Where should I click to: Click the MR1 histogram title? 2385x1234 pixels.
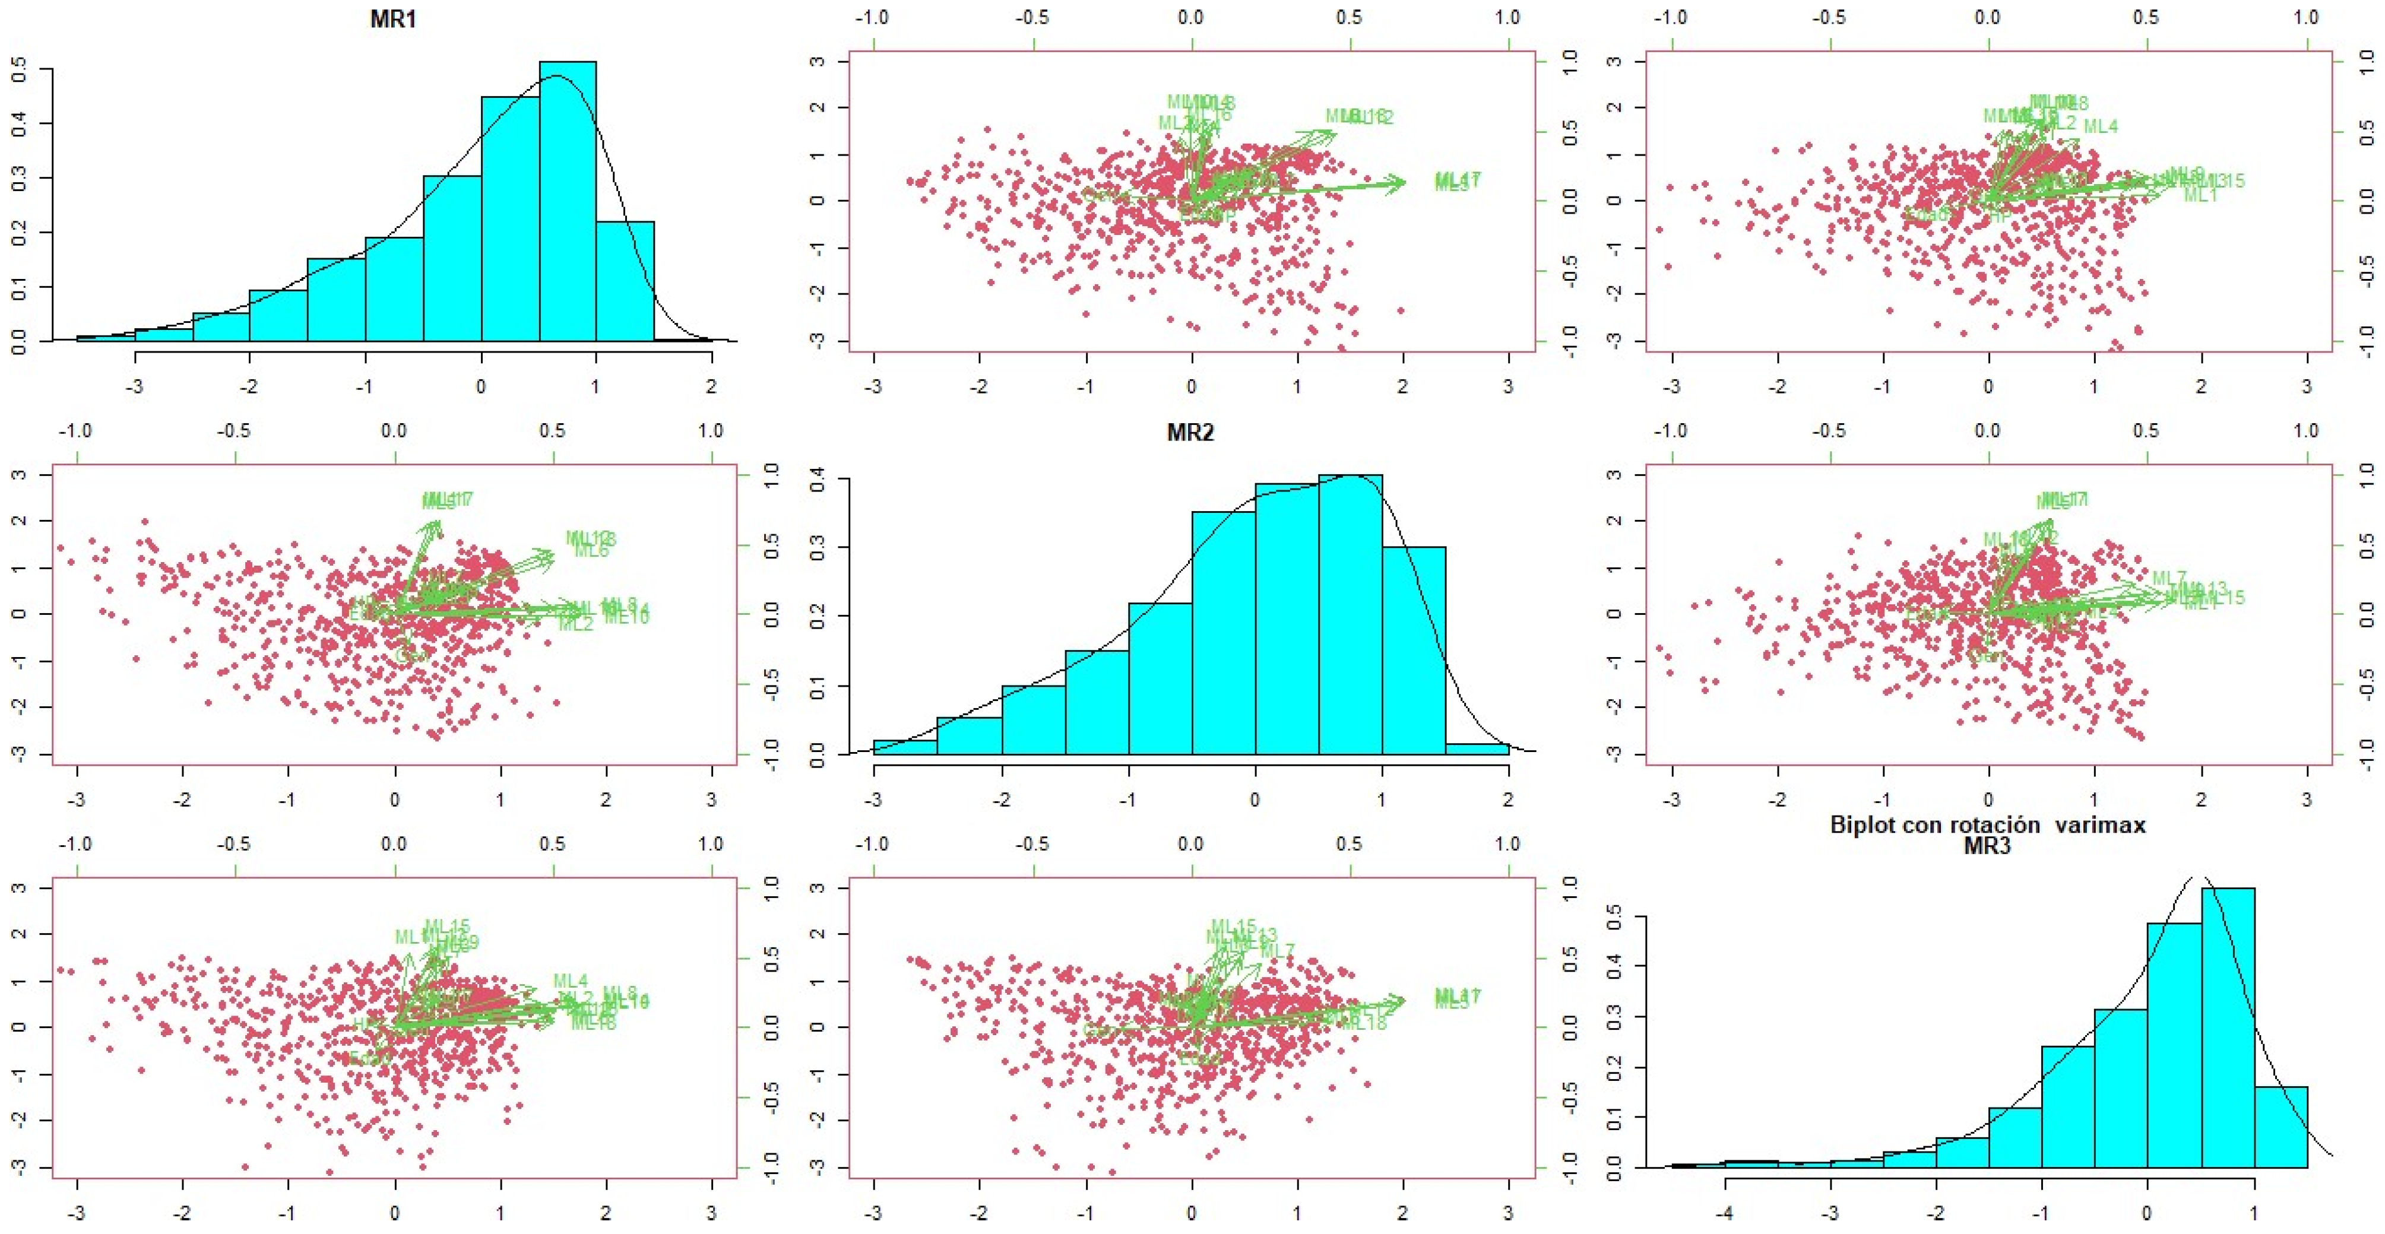(x=392, y=20)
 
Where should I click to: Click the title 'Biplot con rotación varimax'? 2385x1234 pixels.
(x=1987, y=825)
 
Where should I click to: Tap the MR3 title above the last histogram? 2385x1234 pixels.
(x=1987, y=845)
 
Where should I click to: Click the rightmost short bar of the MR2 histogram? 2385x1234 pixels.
(x=1477, y=749)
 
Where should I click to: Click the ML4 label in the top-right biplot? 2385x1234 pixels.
(x=2101, y=126)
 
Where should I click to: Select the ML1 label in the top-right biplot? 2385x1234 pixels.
(x=2200, y=195)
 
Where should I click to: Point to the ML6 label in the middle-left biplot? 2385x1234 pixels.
(x=591, y=551)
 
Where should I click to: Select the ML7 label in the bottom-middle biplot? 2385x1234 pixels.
(x=1278, y=951)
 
